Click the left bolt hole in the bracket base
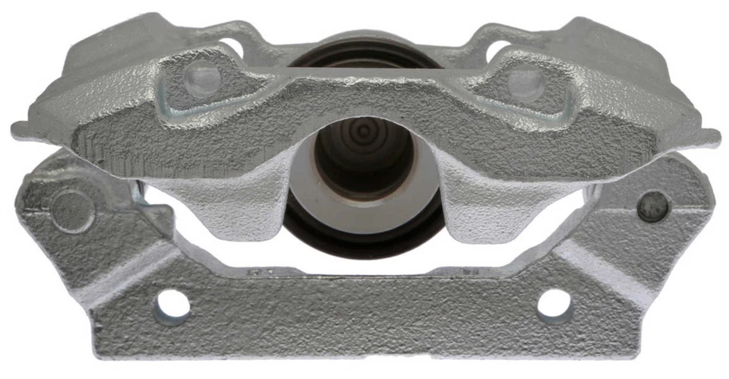coord(172,305)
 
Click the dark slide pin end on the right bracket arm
coord(652,206)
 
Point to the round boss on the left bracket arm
coord(71,207)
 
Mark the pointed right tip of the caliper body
coord(714,139)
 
